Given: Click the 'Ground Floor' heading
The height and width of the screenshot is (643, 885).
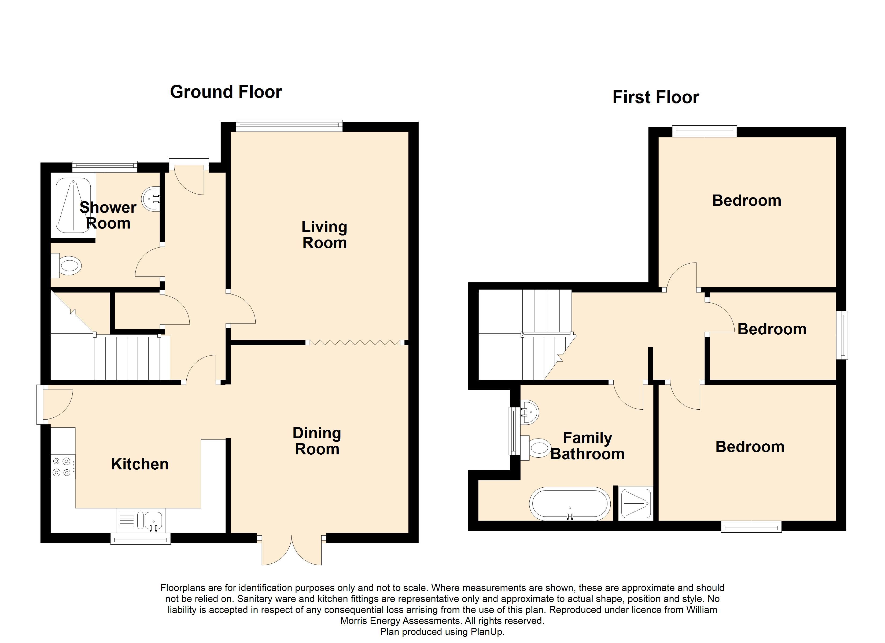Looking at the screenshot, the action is point(226,92).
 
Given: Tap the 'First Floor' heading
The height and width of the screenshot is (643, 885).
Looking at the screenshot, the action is point(655,97).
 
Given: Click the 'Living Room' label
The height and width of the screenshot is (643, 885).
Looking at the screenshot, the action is point(324,235).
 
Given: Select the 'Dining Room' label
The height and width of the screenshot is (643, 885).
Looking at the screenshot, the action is point(317,441).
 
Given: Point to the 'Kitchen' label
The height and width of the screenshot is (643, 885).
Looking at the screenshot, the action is point(140,464).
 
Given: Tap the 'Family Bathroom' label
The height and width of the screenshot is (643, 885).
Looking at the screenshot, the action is point(587,446).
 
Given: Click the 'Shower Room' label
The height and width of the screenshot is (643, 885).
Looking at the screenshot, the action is point(108,215).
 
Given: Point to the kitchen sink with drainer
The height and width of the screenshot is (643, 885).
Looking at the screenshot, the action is point(141,520).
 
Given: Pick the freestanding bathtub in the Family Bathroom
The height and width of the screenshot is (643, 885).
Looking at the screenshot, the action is point(569,504).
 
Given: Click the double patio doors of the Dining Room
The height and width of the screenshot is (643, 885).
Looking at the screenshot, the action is point(292,550).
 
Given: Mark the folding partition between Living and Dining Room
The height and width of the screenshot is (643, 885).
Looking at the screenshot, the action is point(355,343).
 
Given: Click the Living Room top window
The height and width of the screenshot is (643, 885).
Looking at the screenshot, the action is point(289,126).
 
